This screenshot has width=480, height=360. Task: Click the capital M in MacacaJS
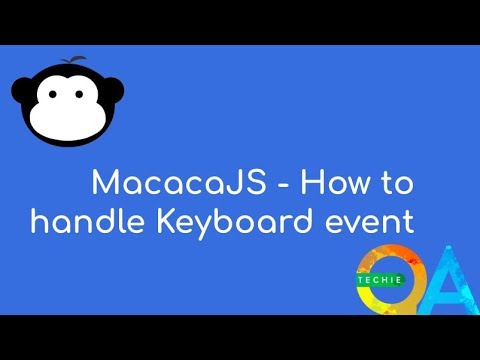[x=104, y=184]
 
